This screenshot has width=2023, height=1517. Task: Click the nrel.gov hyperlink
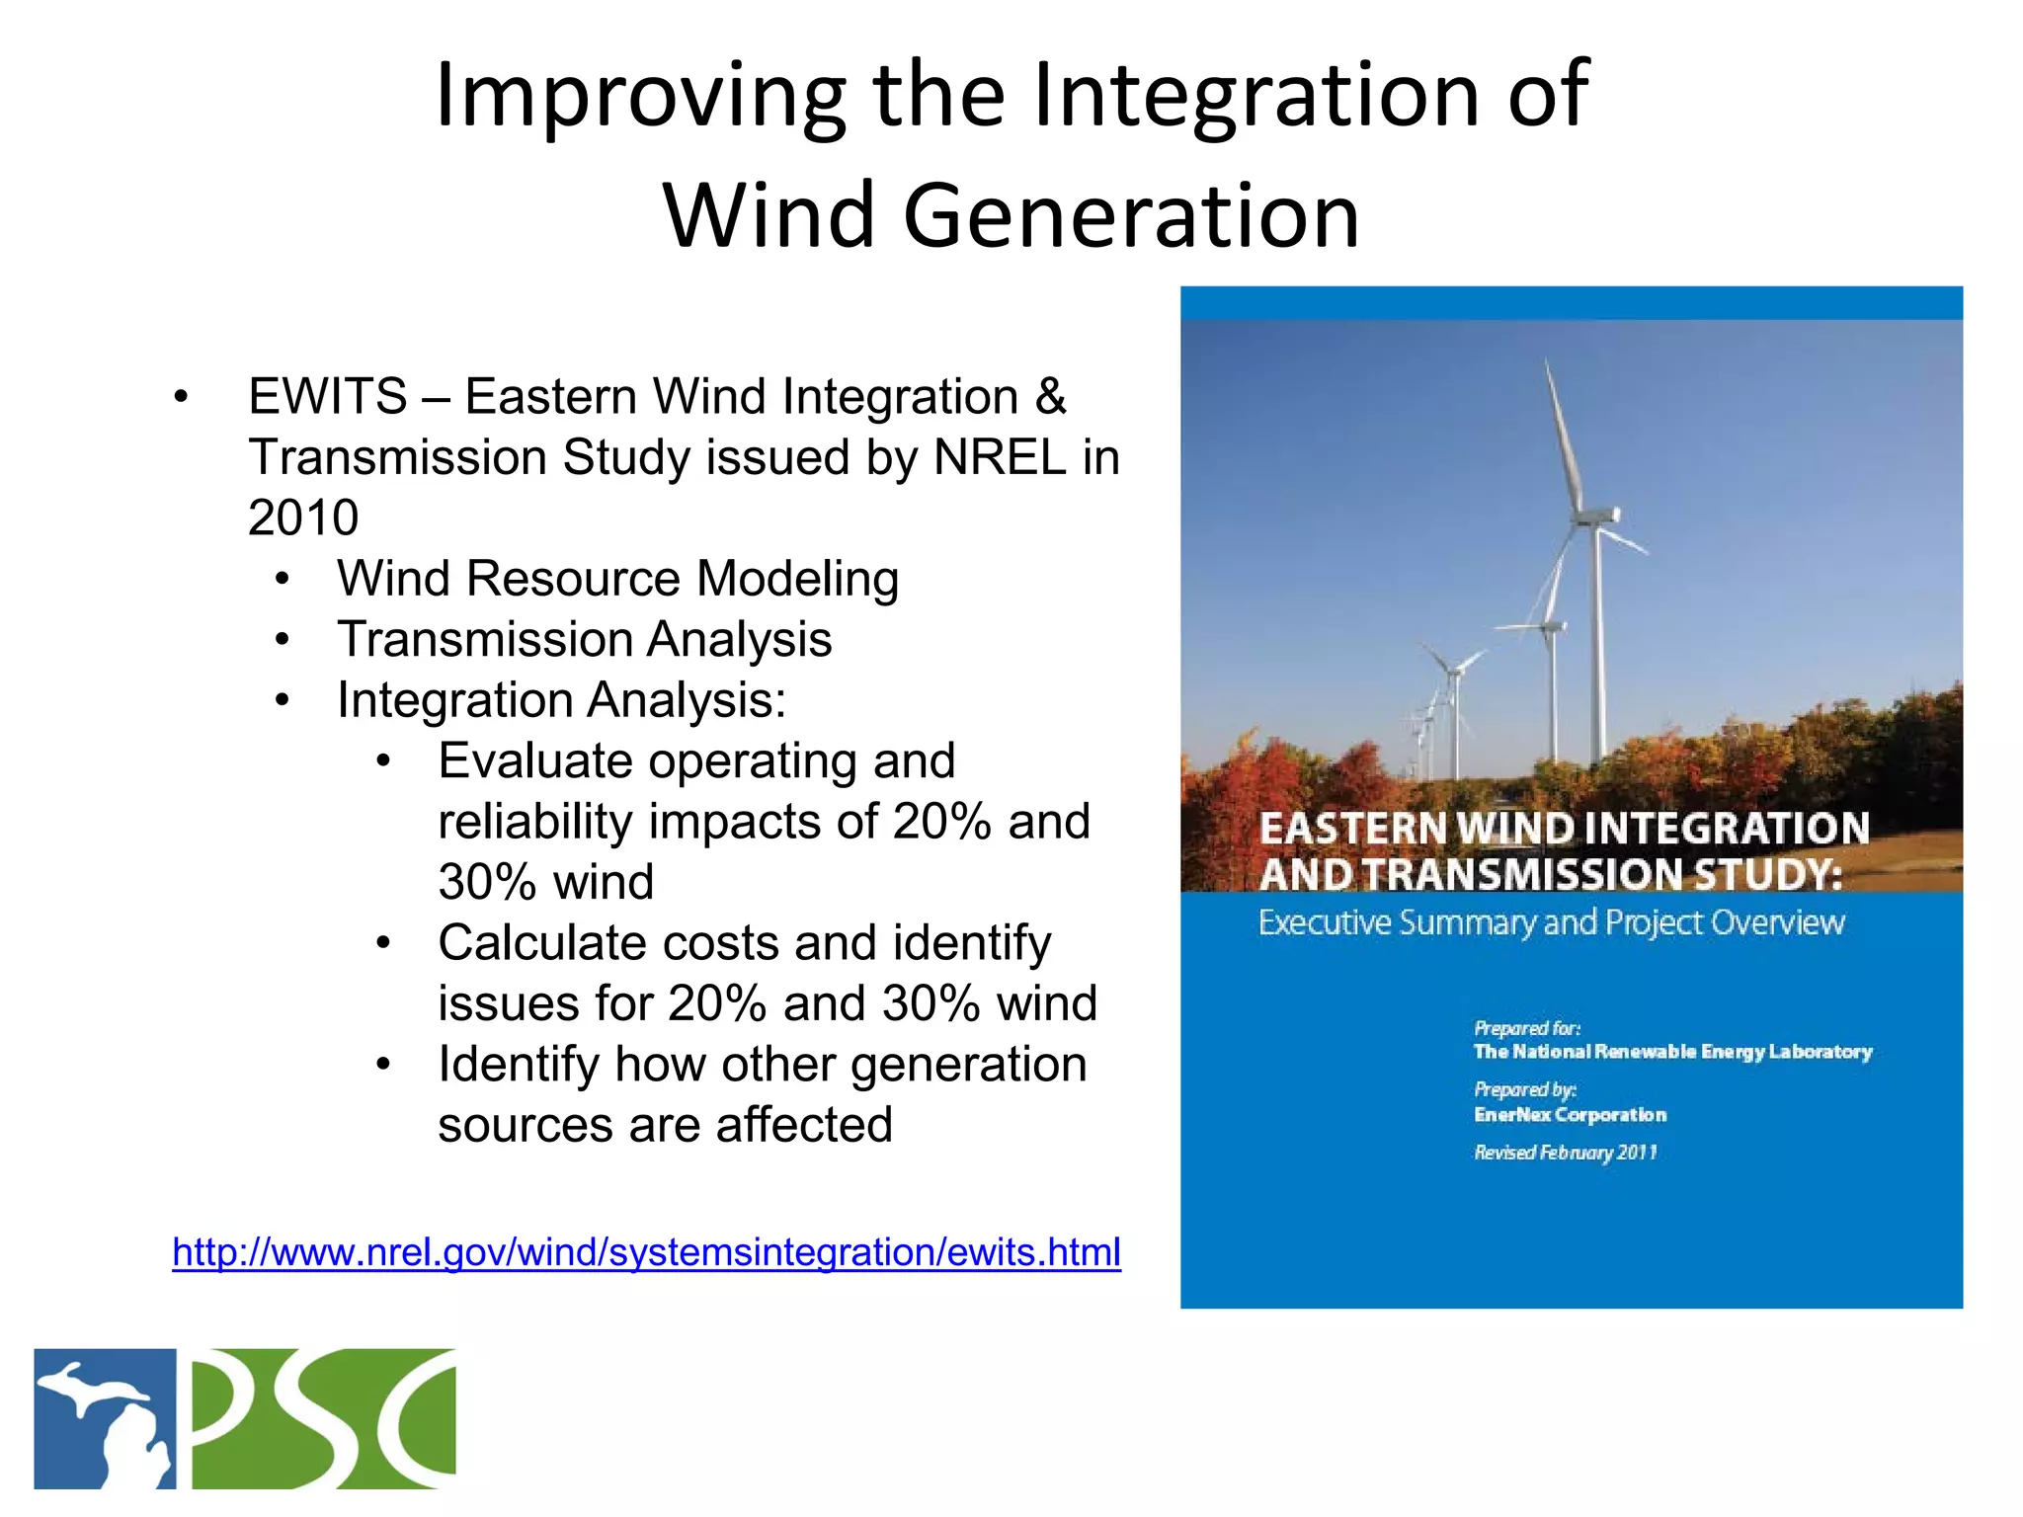(646, 1251)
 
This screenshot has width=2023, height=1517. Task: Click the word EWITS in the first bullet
(327, 397)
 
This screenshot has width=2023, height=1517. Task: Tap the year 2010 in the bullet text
(303, 518)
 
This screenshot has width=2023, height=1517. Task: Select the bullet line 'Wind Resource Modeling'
(617, 579)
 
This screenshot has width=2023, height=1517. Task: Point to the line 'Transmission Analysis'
(584, 639)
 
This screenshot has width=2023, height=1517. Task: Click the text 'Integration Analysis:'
(561, 700)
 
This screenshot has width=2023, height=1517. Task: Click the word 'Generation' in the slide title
(1131, 215)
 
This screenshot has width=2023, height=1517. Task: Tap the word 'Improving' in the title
(640, 95)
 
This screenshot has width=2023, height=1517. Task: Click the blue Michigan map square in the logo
(106, 1418)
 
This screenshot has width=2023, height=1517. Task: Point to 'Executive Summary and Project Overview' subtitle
(1551, 922)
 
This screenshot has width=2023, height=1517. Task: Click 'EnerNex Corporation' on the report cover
(1570, 1115)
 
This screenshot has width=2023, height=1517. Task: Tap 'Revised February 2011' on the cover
(1565, 1153)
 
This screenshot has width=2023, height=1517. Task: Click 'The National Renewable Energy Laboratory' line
(1672, 1052)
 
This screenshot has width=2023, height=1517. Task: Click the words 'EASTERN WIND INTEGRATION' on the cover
(1564, 828)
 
